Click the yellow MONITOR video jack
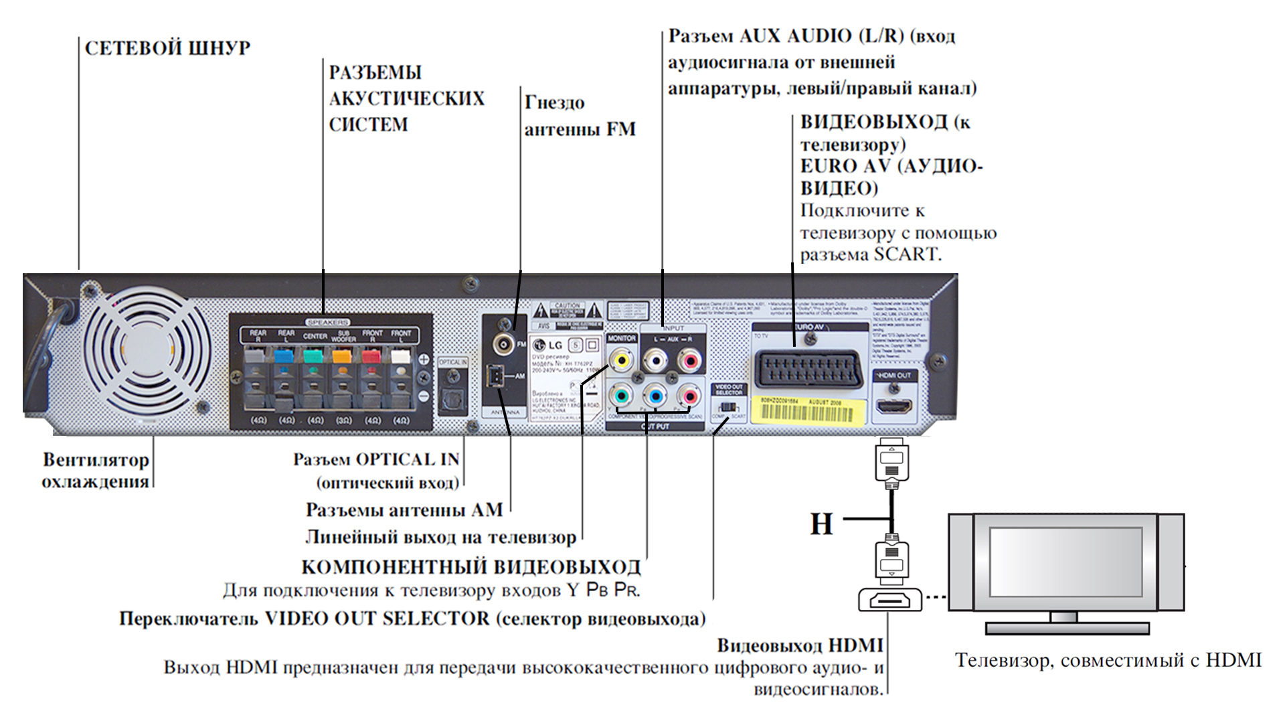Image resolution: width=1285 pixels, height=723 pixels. click(622, 361)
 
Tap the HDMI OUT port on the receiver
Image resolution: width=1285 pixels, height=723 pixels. click(894, 406)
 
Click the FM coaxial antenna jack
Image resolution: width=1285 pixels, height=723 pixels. click(503, 345)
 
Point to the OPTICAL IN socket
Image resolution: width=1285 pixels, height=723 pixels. click(452, 400)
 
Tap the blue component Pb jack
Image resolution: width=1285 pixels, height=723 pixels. click(656, 396)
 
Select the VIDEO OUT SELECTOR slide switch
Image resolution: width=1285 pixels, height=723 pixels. click(730, 406)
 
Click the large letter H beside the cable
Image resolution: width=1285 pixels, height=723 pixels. click(822, 524)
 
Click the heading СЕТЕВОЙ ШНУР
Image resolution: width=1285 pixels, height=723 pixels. click(167, 48)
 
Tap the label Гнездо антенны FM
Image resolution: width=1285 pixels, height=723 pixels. click(580, 116)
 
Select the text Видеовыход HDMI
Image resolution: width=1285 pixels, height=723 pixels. click(800, 645)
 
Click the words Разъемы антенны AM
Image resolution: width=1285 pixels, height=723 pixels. click(404, 510)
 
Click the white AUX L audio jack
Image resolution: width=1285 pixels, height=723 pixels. click(655, 361)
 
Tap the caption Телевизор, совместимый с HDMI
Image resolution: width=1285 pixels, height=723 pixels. click(1108, 661)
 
